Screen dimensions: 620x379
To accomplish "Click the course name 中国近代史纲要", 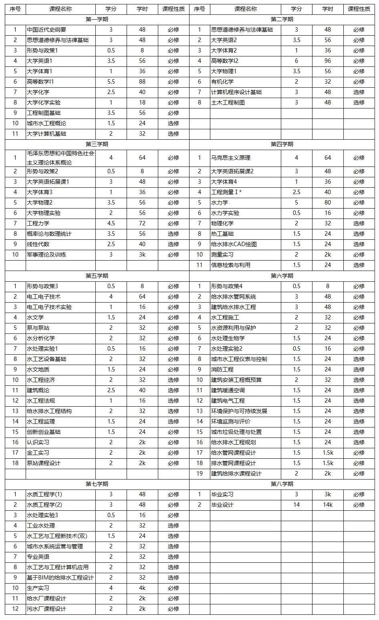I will coord(46,30).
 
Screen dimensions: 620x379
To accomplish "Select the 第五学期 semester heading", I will coord(97,276).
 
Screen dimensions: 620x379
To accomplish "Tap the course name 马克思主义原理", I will coord(231,158).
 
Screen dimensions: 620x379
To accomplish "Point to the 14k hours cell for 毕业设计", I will coord(328,505).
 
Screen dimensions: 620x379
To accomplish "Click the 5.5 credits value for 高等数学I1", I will coord(111,82).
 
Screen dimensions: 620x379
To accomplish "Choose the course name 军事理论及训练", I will coord(46,255).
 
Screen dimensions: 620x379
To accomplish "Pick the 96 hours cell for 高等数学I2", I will coord(328,61).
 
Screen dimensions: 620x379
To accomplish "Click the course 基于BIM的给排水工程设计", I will coord(60,578).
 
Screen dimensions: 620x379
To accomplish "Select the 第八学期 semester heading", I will coord(282,484).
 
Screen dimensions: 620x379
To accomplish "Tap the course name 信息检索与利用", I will coord(231,265).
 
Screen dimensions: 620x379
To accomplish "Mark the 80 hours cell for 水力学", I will coord(328,203).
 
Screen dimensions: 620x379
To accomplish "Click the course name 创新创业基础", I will coord(44,432).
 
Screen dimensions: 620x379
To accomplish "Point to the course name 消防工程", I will coord(222,369).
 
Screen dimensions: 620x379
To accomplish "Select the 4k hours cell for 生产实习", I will coord(142,588).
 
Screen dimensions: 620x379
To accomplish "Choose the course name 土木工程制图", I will coord(228,102).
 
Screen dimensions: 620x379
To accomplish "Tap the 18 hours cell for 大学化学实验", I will coord(142,102).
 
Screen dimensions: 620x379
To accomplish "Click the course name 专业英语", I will coord(38,557).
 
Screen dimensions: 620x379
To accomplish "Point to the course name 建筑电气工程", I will coord(228,401).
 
